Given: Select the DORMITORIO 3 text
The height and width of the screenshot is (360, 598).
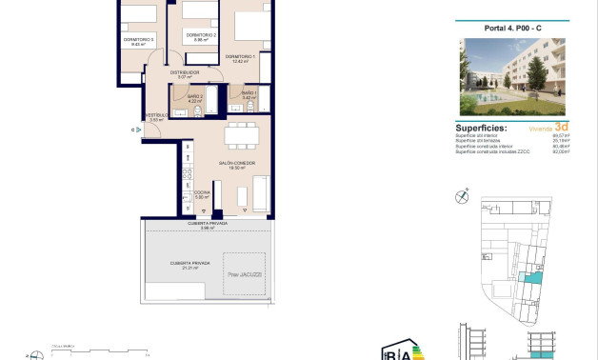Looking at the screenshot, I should pos(138,39).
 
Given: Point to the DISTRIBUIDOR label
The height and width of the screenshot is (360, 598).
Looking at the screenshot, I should pos(185,72).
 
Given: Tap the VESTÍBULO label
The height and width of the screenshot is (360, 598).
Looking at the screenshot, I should pos(158,115).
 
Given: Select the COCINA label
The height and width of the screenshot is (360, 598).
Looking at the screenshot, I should pos(202,192).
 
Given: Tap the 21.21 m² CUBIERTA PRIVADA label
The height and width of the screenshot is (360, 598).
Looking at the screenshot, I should pos(183,267).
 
